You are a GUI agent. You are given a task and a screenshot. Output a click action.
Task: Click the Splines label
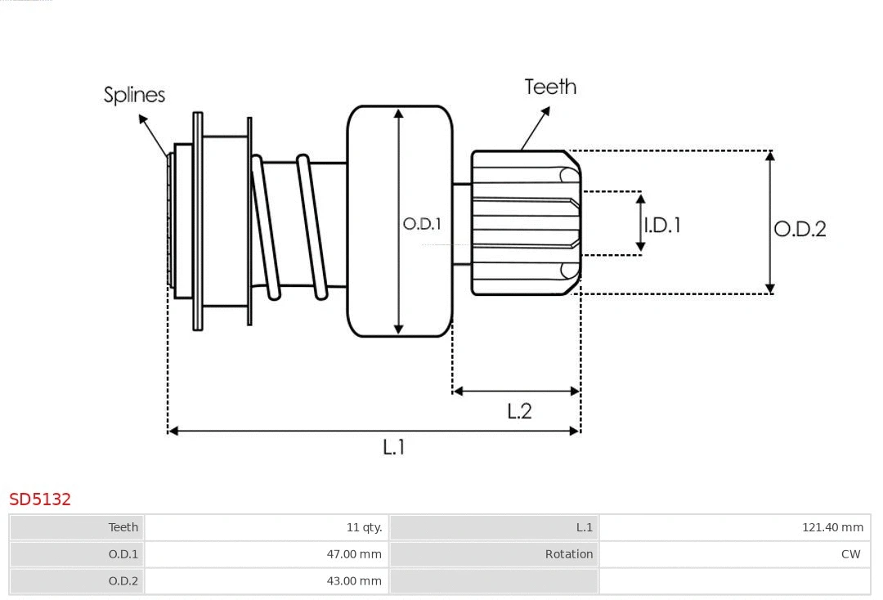(134, 95)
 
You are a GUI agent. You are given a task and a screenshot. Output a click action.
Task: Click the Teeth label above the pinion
(550, 87)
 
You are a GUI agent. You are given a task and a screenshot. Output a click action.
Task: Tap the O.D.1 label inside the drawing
(422, 223)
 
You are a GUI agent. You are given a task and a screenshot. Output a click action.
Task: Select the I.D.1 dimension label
(662, 225)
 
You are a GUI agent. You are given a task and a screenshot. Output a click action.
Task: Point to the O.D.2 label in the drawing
(800, 229)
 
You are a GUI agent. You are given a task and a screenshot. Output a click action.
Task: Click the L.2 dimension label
(519, 411)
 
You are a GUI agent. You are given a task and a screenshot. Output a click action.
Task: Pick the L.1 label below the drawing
(394, 447)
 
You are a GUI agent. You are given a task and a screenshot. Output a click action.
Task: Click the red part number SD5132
(40, 499)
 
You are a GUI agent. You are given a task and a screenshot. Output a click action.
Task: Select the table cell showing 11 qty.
(364, 527)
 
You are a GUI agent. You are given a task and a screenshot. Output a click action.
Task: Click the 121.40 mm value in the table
(832, 527)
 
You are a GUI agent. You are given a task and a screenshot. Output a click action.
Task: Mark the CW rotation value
(850, 554)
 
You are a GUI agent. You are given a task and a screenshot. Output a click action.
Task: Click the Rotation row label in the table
(569, 554)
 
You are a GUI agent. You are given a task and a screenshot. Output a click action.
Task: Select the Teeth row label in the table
(123, 527)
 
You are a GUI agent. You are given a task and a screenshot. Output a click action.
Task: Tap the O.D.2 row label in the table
(123, 581)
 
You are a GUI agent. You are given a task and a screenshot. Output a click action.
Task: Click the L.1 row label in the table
(584, 527)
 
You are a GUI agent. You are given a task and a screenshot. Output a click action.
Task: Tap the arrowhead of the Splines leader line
(143, 119)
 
